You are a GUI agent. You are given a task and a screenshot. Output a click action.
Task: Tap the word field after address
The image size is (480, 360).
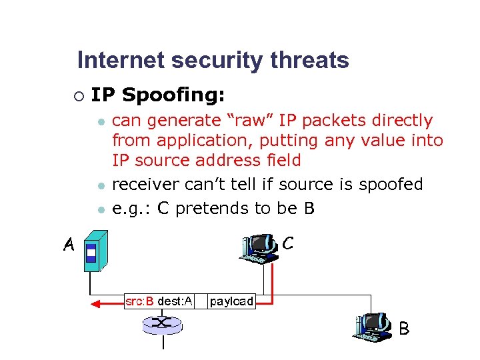pos(281,161)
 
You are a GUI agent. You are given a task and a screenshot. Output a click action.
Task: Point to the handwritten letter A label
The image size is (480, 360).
pos(68,246)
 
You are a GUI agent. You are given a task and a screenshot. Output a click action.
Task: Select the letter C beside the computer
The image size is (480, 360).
pos(287,244)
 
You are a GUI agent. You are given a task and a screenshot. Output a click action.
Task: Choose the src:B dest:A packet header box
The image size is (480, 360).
pos(159,301)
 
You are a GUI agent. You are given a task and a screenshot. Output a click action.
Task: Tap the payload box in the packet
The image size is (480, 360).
pos(231,301)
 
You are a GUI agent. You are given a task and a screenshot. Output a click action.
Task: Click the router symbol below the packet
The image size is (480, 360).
pos(162,325)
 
